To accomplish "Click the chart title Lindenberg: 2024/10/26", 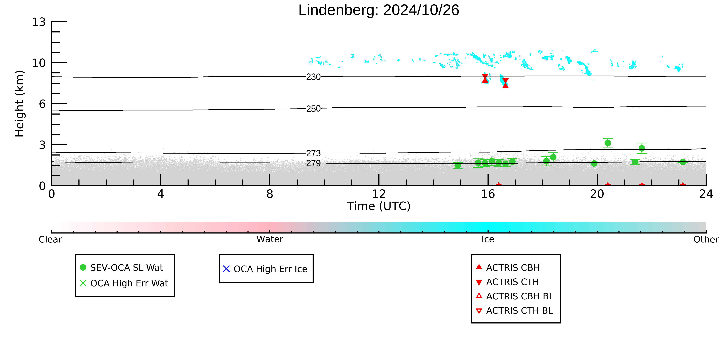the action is (379, 10).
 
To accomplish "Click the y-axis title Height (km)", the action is (20, 104).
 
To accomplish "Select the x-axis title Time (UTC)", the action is (379, 206).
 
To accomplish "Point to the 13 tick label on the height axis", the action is (39, 22).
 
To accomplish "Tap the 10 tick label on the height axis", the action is (39, 63).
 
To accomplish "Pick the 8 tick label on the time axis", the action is (270, 194).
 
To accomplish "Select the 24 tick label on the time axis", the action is (706, 194).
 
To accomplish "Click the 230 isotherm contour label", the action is (313, 77).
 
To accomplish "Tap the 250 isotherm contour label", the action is (313, 109).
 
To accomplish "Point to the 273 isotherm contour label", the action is (313, 153).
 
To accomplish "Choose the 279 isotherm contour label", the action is (313, 163).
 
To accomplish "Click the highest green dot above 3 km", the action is (608, 143).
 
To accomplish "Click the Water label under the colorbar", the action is (270, 239).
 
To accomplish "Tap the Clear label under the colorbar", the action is (50, 239).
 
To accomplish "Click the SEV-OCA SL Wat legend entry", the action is (122, 268).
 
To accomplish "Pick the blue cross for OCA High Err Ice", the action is (226, 269).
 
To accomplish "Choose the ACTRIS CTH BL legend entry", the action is (514, 311).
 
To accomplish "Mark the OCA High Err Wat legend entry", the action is (124, 283).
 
